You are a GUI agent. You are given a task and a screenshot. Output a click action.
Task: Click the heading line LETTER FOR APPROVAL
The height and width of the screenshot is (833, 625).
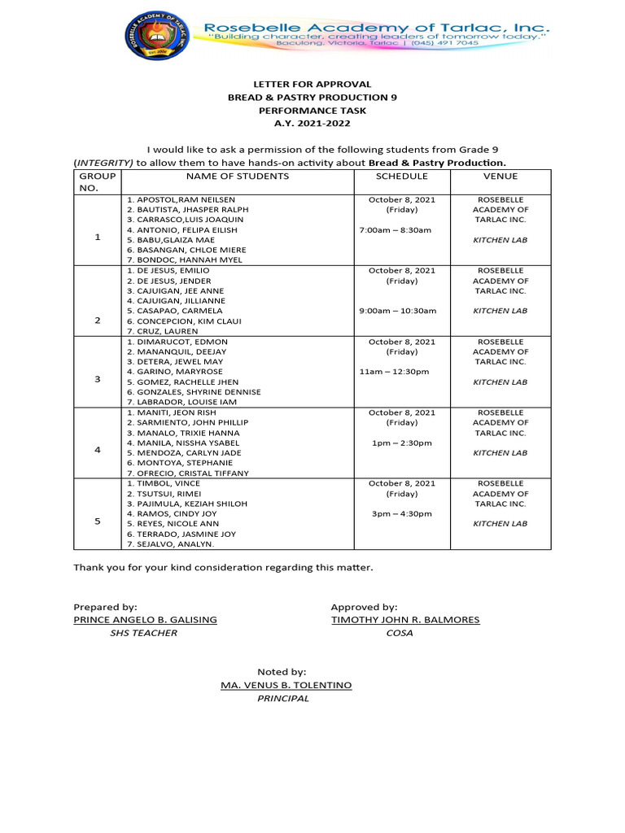tap(312, 84)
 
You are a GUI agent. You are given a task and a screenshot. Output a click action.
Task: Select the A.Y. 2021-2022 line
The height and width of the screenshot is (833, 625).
tap(312, 123)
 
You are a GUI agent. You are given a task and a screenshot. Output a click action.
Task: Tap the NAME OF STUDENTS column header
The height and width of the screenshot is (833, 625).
tap(237, 176)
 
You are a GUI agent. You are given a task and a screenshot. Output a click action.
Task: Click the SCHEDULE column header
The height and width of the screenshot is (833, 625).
tap(401, 176)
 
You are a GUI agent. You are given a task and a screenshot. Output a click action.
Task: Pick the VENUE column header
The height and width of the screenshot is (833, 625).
tap(500, 176)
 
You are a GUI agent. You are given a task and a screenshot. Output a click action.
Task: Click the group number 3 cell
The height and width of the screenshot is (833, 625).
tap(98, 379)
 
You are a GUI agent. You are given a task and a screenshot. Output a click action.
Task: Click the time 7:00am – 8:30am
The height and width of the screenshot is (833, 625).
tap(396, 230)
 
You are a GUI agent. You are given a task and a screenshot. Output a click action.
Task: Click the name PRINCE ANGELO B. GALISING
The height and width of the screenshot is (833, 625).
tap(146, 620)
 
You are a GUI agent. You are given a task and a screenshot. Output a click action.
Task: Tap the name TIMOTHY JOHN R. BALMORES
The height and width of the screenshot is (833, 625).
tap(405, 620)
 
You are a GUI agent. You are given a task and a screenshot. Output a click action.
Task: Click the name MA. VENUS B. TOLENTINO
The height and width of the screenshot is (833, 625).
tap(286, 686)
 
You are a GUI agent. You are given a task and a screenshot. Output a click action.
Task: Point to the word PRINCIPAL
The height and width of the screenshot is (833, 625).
tap(283, 699)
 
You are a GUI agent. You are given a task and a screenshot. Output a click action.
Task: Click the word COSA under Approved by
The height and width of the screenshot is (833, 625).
tap(400, 633)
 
